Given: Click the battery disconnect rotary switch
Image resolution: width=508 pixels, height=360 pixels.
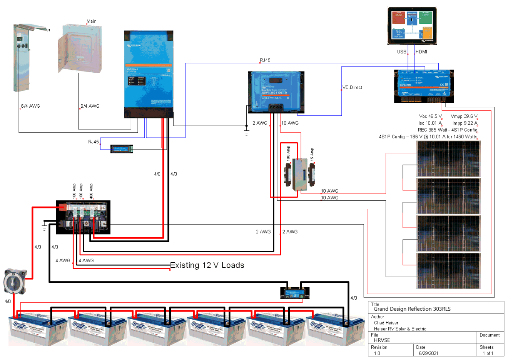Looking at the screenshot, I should [15, 282].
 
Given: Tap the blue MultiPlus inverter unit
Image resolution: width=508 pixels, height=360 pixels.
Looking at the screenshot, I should [149, 74].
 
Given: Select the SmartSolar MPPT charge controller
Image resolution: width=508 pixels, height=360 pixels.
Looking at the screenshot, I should [276, 92].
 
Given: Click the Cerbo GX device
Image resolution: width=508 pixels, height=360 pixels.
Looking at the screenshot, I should [424, 86].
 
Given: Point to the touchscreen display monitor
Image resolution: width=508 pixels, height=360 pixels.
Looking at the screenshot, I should [412, 26].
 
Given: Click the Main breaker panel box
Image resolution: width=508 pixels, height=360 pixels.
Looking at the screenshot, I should [80, 48].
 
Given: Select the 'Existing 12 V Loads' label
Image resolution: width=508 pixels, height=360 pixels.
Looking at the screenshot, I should [207, 265].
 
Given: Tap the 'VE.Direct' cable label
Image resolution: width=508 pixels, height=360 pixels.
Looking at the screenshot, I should [353, 88].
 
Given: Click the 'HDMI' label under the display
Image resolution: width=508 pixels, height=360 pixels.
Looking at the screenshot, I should [421, 52].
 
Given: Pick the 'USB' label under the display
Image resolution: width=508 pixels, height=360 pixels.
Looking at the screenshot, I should [402, 52].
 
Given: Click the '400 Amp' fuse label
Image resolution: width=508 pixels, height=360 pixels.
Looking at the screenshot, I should [91, 191].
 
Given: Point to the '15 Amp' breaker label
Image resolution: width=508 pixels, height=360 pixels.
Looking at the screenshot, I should [312, 154].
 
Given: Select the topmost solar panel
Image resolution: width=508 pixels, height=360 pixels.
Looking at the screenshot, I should [448, 159].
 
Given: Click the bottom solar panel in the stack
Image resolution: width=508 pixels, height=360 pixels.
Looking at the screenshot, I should [448, 271].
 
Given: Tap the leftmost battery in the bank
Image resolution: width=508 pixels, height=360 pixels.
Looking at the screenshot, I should [38, 329].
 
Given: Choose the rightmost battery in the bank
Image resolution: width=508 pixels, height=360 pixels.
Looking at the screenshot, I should [335, 329].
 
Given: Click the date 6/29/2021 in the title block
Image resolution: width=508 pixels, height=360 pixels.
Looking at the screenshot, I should [428, 353].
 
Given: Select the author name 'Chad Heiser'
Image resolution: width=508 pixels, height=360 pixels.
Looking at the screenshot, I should [386, 323].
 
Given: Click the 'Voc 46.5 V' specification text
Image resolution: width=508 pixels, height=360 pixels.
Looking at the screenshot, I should [430, 116].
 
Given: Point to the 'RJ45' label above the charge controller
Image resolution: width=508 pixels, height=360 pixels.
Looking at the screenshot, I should [265, 60].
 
